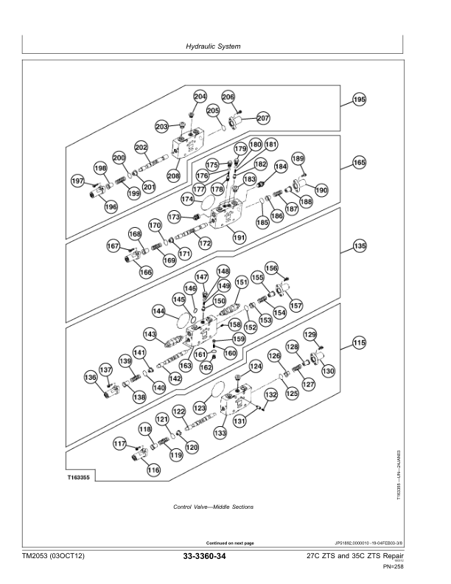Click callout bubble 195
click(x=359, y=100)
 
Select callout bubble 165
click(x=359, y=162)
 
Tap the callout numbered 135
click(x=359, y=246)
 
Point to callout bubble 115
click(x=359, y=342)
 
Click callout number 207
click(x=263, y=117)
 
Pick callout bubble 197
click(x=77, y=181)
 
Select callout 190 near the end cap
click(x=321, y=190)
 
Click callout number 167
click(x=113, y=246)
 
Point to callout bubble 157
click(x=295, y=305)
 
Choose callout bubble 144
click(x=158, y=310)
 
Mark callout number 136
click(x=91, y=378)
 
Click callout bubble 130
click(x=327, y=371)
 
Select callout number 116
click(x=153, y=470)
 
